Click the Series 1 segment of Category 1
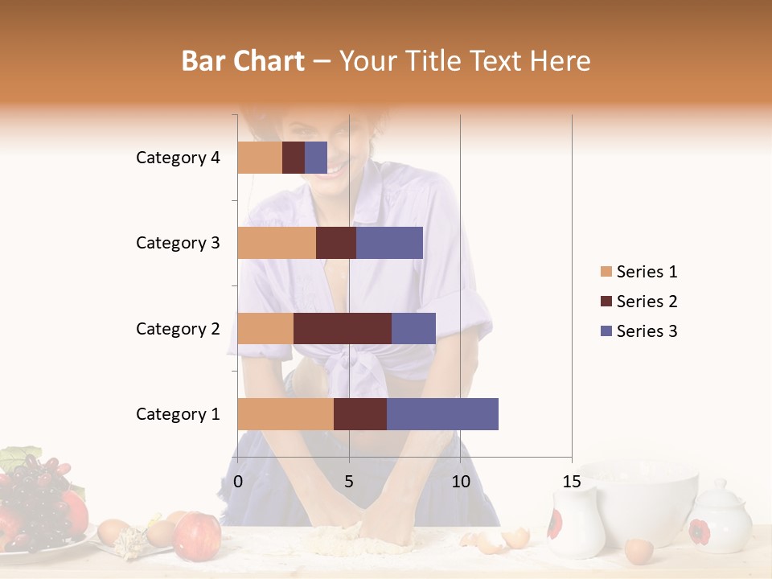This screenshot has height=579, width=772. tap(285, 414)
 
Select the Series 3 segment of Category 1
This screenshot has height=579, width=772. tap(442, 414)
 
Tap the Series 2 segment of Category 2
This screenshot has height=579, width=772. tap(343, 328)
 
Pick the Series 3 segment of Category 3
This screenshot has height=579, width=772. tap(389, 243)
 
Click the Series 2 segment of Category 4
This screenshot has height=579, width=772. tap(294, 158)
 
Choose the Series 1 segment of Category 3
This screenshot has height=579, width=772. tap(277, 243)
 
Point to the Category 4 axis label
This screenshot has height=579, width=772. tap(178, 158)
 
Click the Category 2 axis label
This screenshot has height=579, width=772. tap(178, 329)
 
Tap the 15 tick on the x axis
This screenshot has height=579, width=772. tap(571, 482)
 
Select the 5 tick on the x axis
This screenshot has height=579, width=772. tap(349, 482)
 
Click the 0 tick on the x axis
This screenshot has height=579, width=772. tap(238, 482)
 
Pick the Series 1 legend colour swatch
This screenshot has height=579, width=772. tap(606, 272)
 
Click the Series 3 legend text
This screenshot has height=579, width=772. tap(647, 331)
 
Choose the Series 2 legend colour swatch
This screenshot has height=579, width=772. tap(606, 302)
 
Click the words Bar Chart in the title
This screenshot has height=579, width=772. tap(243, 61)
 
